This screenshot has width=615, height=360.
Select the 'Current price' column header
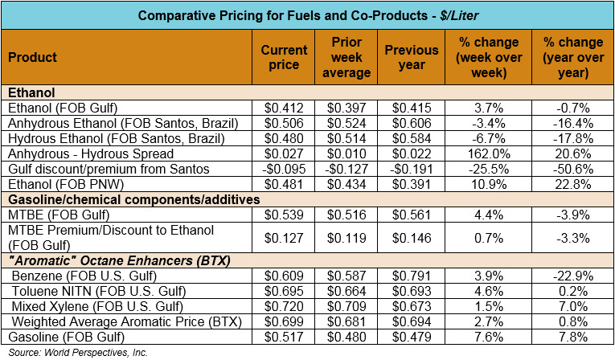(x=285, y=57)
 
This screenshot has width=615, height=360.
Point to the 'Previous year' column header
(x=412, y=57)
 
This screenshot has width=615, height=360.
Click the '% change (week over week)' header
(x=489, y=57)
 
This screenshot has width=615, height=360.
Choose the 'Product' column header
(x=33, y=57)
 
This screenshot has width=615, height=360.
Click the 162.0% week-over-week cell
(x=489, y=153)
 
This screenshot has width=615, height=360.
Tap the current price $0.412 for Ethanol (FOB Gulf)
(x=285, y=108)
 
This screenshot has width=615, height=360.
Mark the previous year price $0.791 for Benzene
(x=412, y=276)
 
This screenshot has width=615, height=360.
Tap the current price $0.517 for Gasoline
(x=285, y=337)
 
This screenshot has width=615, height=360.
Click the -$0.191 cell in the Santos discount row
(x=410, y=169)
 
